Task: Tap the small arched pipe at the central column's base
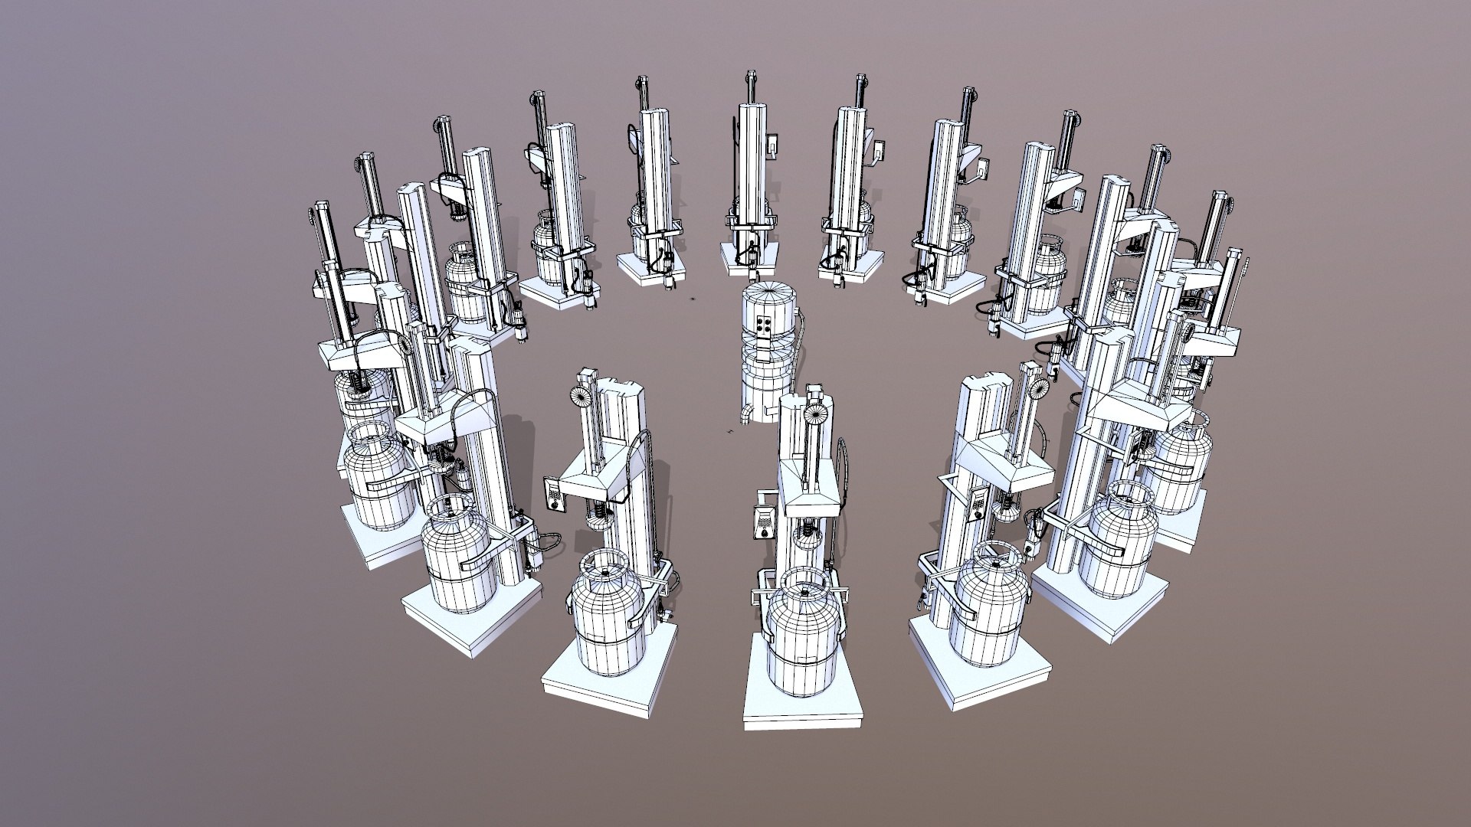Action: click(x=745, y=414)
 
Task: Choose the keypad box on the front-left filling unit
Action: click(x=553, y=494)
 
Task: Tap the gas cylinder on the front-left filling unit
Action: click(x=605, y=620)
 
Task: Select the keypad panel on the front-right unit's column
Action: click(x=978, y=505)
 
